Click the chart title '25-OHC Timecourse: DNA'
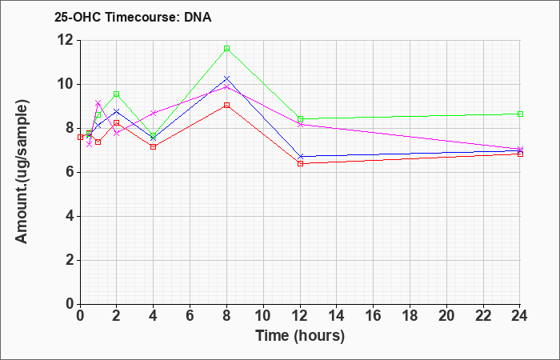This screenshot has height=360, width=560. pyautogui.click(x=133, y=17)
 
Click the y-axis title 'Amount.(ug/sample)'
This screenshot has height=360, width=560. pyautogui.click(x=22, y=172)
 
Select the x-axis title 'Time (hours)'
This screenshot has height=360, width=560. pyautogui.click(x=300, y=336)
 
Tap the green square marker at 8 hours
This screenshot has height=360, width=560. pyautogui.click(x=226, y=49)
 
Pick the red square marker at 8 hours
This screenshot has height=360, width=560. pyautogui.click(x=226, y=106)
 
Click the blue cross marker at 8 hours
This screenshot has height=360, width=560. pyautogui.click(x=226, y=78)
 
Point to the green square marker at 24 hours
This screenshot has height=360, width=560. pyautogui.click(x=520, y=114)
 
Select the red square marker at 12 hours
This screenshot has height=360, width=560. pyautogui.click(x=300, y=163)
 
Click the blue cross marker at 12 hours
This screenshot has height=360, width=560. pyautogui.click(x=300, y=157)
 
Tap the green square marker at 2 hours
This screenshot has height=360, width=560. pyautogui.click(x=117, y=94)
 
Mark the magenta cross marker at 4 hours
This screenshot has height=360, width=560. pyautogui.click(x=154, y=114)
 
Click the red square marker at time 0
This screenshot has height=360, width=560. pyautogui.click(x=80, y=137)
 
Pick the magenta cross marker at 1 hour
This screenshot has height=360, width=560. pyautogui.click(x=98, y=103)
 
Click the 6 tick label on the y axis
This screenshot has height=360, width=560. pyautogui.click(x=71, y=172)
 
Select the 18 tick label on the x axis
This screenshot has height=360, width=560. pyautogui.click(x=410, y=315)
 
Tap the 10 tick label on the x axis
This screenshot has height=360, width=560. pyautogui.click(x=263, y=315)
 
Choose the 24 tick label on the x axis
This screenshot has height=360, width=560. pyautogui.click(x=519, y=315)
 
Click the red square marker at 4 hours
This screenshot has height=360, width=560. pyautogui.click(x=154, y=146)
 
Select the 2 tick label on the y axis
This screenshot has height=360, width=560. pyautogui.click(x=71, y=260)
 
